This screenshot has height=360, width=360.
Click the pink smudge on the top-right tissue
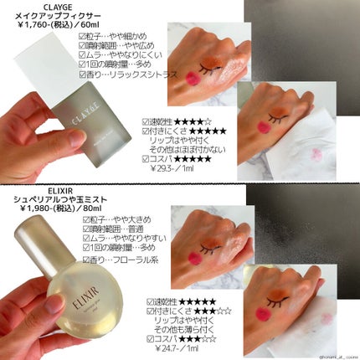point(323,134)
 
